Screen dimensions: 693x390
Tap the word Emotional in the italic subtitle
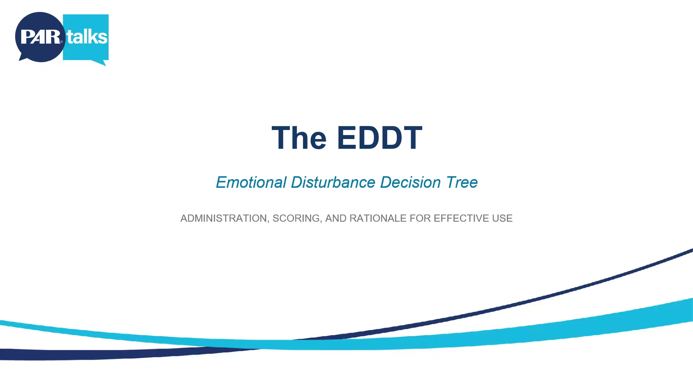[251, 182]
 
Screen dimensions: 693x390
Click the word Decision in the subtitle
[410, 182]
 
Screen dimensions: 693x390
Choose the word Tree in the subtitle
[462, 182]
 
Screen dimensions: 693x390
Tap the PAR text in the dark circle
[40, 37]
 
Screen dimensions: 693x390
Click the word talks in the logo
[87, 37]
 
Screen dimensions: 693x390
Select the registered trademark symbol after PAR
[62, 42]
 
